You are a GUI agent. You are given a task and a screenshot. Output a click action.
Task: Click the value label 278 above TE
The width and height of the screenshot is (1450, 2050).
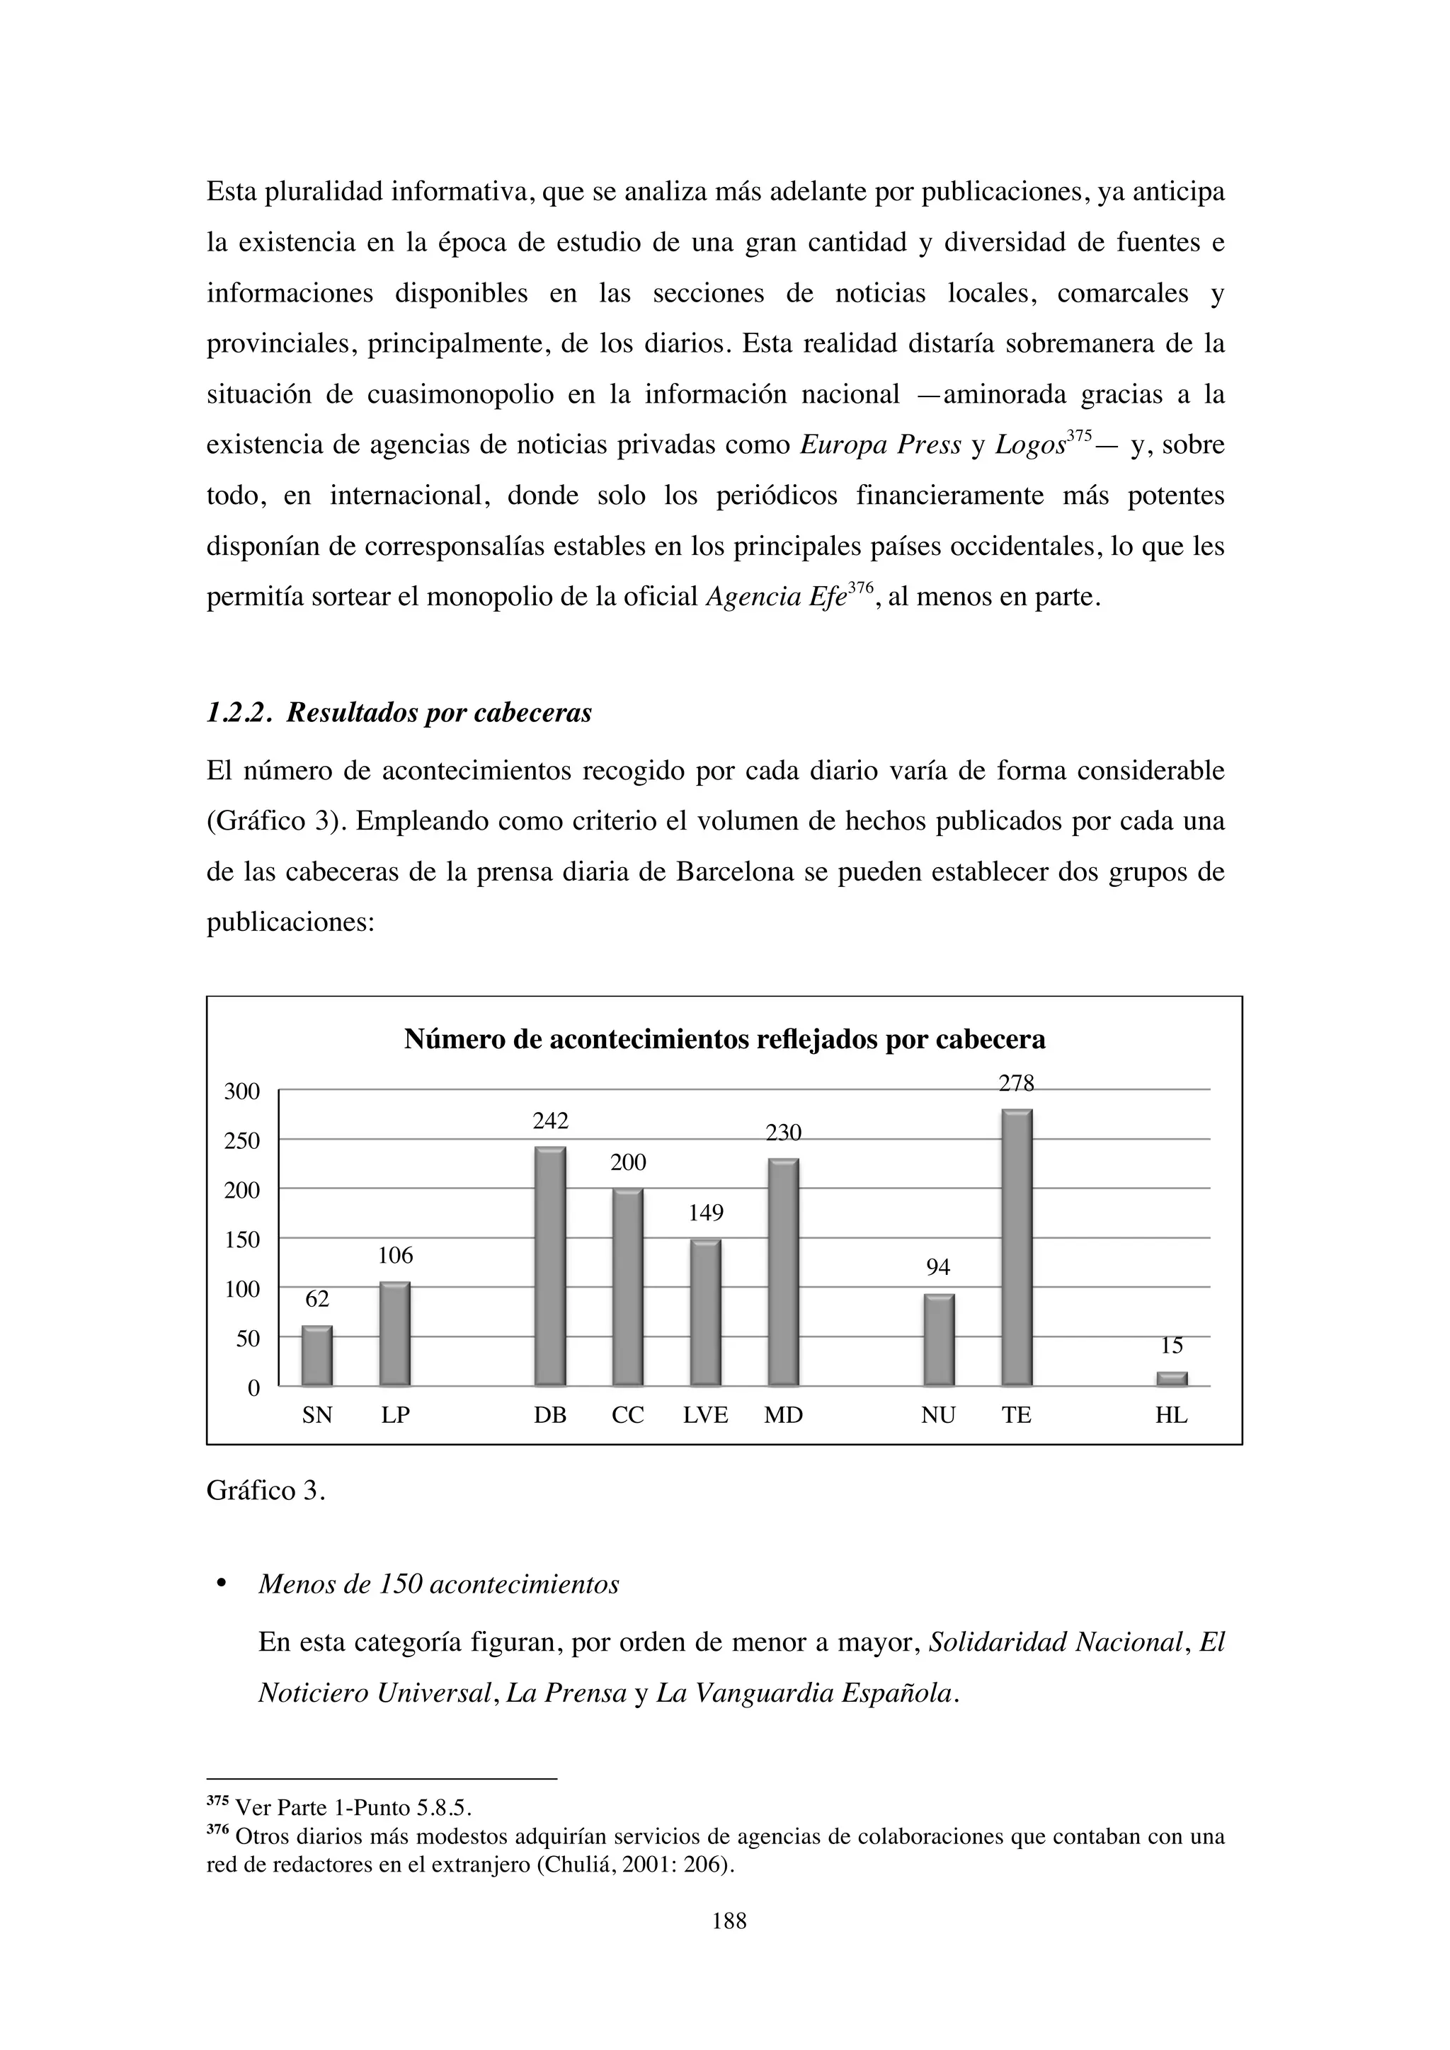pyautogui.click(x=1016, y=1084)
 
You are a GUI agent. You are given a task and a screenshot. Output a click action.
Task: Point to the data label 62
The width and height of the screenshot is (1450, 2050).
pyautogui.click(x=317, y=1299)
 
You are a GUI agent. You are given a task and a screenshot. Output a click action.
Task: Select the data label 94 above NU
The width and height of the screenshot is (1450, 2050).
pyautogui.click(x=937, y=1267)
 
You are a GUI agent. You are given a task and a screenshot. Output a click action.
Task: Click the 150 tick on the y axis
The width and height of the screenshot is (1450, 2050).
pyautogui.click(x=241, y=1240)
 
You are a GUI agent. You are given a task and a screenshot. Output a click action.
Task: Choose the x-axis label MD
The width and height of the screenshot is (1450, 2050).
pyautogui.click(x=783, y=1415)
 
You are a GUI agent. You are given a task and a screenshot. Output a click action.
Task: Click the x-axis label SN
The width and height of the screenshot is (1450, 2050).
pyautogui.click(x=317, y=1415)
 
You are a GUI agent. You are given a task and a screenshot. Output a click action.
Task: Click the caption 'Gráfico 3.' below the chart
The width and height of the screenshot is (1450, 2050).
pyautogui.click(x=266, y=1491)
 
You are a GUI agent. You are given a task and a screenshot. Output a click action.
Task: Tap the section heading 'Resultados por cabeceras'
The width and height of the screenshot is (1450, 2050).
pyautogui.click(x=438, y=714)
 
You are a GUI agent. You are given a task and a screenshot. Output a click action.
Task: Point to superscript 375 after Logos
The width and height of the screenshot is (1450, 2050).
pyautogui.click(x=1080, y=436)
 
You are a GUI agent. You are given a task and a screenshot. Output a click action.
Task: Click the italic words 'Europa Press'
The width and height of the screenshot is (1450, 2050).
pyautogui.click(x=879, y=445)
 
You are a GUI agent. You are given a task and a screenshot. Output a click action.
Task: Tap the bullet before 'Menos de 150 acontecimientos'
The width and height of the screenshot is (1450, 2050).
pyautogui.click(x=219, y=1585)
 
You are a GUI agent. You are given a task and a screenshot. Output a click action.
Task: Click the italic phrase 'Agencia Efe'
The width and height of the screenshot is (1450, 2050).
pyautogui.click(x=775, y=597)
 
